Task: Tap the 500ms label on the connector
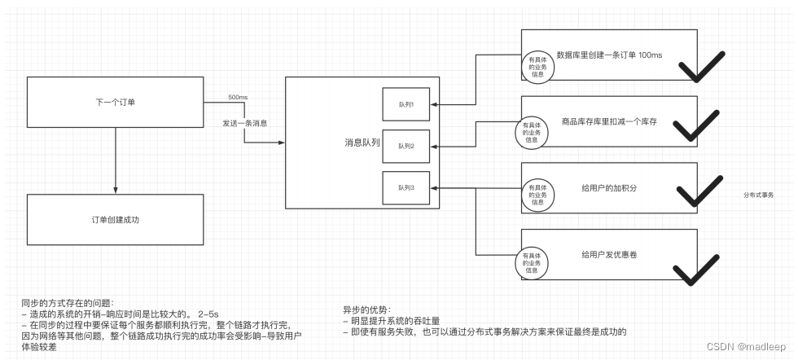[x=238, y=97]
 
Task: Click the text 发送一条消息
[x=245, y=123]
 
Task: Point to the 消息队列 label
[x=362, y=143]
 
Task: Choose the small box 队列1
[x=406, y=104]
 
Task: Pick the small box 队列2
[x=406, y=146]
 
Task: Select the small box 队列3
[x=406, y=188]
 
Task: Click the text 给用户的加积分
[x=609, y=187]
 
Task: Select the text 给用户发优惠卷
[x=609, y=254]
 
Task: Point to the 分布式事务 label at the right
[x=758, y=195]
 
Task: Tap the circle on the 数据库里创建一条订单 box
[x=537, y=67]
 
